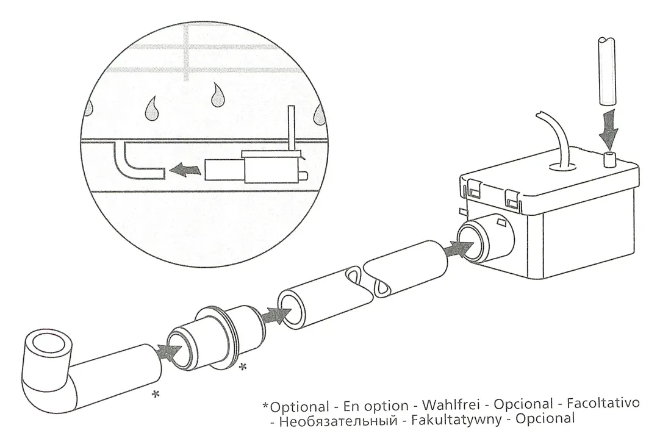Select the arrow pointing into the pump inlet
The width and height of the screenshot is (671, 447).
(x=462, y=247)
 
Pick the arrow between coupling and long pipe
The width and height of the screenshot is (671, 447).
(x=275, y=315)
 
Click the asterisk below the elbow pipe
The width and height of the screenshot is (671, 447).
(x=156, y=395)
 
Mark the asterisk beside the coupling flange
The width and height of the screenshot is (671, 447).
(x=243, y=367)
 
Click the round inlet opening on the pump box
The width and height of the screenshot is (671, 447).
(x=475, y=241)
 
